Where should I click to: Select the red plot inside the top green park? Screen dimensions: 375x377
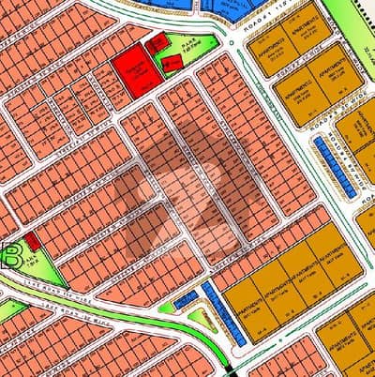pos(172,64)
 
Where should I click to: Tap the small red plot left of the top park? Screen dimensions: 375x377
pos(157,43)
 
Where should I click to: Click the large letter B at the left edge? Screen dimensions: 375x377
pos(12,255)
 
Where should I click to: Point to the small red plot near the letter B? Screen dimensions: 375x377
pos(32,241)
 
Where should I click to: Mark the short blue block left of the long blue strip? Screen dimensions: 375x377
pos(185,298)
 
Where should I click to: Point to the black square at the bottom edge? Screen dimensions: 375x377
pos(232,369)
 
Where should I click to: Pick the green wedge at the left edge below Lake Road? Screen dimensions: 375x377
pos(11,309)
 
